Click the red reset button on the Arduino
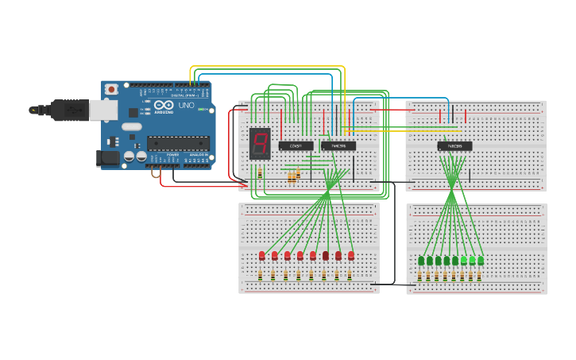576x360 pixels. (111, 89)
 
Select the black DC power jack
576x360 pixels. (106, 158)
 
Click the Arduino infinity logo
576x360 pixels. (164, 106)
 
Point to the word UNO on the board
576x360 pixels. (185, 106)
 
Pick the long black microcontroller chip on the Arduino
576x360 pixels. (178, 144)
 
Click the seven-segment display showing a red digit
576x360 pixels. (260, 143)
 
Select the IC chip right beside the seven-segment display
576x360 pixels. (296, 145)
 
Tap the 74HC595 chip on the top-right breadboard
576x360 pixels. (454, 146)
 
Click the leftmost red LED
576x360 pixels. (261, 255)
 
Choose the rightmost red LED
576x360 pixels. (351, 255)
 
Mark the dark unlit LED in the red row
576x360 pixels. (326, 255)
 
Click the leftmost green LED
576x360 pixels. (421, 260)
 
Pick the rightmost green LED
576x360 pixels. (481, 260)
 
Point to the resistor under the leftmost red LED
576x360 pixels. (261, 275)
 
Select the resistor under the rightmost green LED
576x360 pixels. (480, 276)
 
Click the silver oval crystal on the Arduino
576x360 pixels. (132, 126)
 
